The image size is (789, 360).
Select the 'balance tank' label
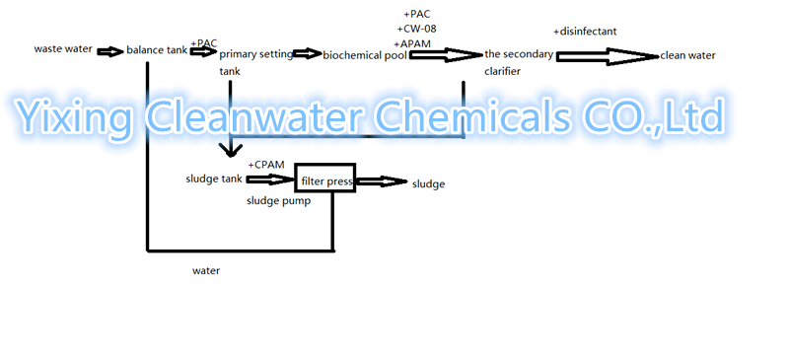156,49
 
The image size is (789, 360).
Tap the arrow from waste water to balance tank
109,49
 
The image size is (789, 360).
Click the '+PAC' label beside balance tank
204,42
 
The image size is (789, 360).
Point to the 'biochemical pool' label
365,55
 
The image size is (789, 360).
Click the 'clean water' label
687,55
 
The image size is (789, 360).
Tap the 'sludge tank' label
213,179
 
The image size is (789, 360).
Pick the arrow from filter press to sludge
381,181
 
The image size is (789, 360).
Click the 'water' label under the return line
206,269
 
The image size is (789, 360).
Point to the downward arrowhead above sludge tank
230,149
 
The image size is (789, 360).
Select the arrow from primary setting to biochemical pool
308,54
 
